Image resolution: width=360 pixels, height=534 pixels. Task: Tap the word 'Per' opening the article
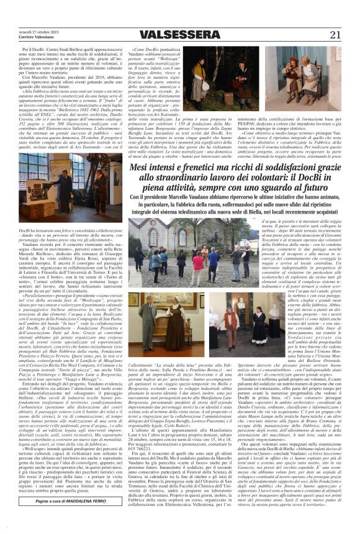[25, 47]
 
